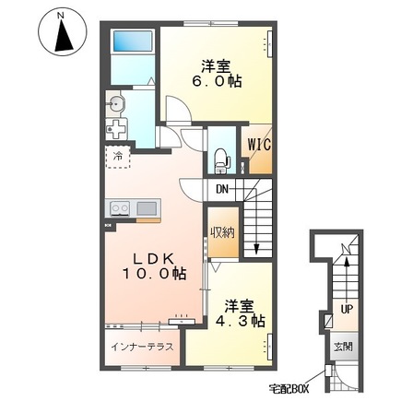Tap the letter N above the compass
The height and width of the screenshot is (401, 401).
(x=61, y=14)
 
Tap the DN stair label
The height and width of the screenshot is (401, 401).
(x=222, y=190)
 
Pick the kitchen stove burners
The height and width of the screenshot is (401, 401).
(x=120, y=209)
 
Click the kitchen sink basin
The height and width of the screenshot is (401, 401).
(x=147, y=209)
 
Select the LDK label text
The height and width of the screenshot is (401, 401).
(x=147, y=257)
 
